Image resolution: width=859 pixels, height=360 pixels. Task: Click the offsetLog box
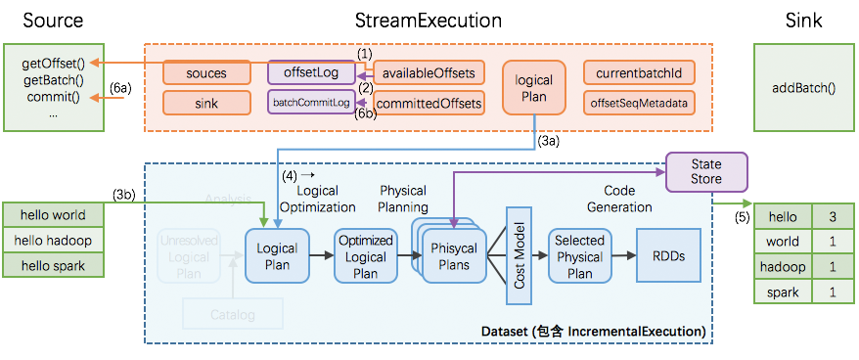310,72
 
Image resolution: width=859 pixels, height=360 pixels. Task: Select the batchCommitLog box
310,102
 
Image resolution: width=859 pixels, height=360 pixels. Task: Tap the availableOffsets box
429,72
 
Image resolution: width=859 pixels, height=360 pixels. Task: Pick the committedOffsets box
429,102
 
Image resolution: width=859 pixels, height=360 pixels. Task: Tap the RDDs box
668,256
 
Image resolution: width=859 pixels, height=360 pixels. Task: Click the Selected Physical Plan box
579,256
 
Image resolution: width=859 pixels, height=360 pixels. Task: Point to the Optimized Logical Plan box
365,256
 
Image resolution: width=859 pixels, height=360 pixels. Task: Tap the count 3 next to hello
832,216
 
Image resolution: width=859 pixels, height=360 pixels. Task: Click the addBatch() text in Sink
803,87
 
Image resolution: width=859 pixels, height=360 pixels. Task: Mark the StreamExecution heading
429,21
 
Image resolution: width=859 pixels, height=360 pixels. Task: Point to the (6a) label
119,88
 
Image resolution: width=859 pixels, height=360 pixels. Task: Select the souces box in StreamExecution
206,72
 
